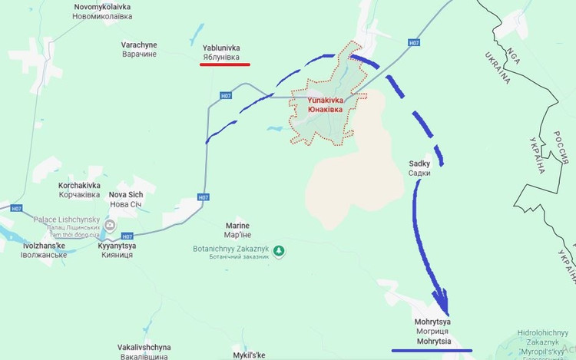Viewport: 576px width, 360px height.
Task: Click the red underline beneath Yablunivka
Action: pyautogui.click(x=224, y=64)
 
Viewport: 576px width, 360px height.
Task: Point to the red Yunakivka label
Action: pyautogui.click(x=325, y=104)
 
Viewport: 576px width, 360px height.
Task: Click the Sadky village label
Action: pyautogui.click(x=420, y=168)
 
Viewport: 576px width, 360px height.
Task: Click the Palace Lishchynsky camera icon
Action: pyautogui.click(x=111, y=225)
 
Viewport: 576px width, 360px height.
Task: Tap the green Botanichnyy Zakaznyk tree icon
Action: pyautogui.click(x=280, y=251)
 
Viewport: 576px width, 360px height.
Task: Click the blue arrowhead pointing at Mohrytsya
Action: pyautogui.click(x=442, y=299)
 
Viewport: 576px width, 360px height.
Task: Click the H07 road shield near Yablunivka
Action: pyautogui.click(x=225, y=96)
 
